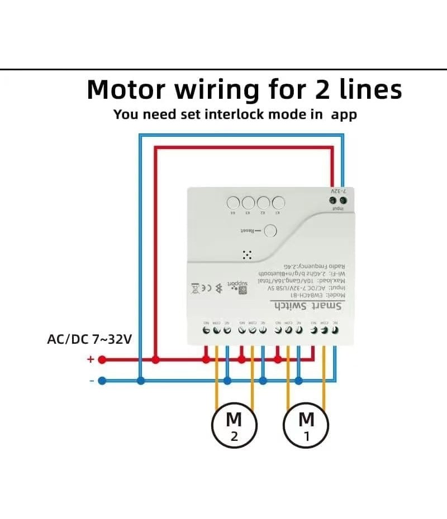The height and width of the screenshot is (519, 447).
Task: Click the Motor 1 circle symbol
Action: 306,425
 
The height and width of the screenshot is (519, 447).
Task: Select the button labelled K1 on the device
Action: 278,203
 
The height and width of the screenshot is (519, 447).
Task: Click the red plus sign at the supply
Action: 90,359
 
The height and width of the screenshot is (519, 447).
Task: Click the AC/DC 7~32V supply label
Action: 89,339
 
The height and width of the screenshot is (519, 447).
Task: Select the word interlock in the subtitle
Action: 234,114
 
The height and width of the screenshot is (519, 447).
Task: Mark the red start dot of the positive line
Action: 102,359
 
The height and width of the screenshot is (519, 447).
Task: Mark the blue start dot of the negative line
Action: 102,381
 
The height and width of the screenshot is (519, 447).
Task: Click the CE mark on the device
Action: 206,287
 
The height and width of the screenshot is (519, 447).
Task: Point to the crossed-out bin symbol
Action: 195,288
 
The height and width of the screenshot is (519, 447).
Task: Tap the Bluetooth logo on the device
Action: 218,287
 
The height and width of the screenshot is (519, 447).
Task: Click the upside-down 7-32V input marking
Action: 339,191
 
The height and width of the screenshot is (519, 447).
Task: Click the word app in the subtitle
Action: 344,114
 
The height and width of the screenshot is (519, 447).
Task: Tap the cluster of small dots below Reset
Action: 247,254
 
